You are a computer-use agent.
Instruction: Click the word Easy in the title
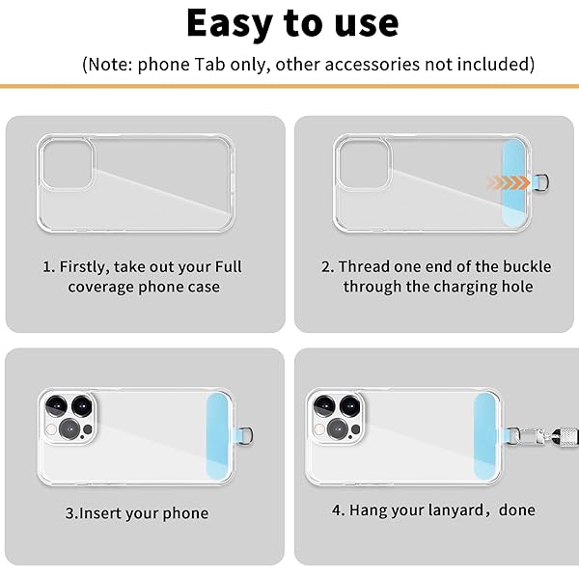click(230, 24)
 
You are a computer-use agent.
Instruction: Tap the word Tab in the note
click(209, 65)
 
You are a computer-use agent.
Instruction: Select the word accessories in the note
click(372, 65)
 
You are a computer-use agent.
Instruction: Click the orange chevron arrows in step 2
click(509, 182)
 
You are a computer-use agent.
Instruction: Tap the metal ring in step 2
click(544, 182)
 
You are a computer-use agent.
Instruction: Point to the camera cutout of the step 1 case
click(67, 163)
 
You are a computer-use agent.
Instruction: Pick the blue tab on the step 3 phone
click(217, 436)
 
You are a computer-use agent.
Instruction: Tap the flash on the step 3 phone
click(51, 429)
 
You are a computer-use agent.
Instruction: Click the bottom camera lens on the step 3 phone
click(68, 429)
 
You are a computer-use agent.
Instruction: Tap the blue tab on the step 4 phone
click(484, 436)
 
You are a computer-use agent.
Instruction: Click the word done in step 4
click(517, 510)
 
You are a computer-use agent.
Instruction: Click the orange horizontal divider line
click(289, 87)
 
